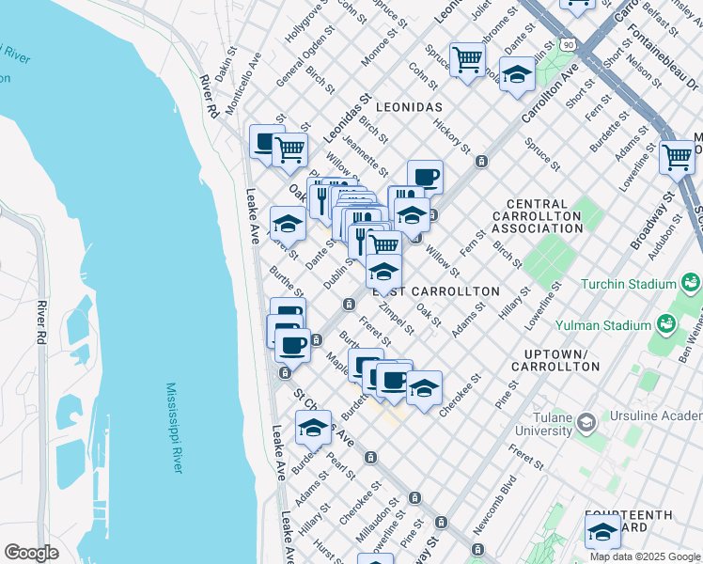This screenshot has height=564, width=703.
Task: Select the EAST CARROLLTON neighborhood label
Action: click(436, 291)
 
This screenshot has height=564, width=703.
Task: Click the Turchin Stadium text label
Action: click(629, 284)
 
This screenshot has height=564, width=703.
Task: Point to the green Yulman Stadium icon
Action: click(666, 325)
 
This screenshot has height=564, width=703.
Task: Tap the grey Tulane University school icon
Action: click(587, 423)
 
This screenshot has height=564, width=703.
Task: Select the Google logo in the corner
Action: click(31, 553)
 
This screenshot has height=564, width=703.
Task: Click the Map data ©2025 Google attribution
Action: click(644, 556)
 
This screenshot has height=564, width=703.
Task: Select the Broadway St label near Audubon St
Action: click(652, 221)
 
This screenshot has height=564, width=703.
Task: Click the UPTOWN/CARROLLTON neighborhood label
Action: click(555, 359)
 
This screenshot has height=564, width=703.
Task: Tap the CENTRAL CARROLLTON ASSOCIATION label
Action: click(550, 216)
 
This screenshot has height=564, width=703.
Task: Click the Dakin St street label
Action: click(225, 65)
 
